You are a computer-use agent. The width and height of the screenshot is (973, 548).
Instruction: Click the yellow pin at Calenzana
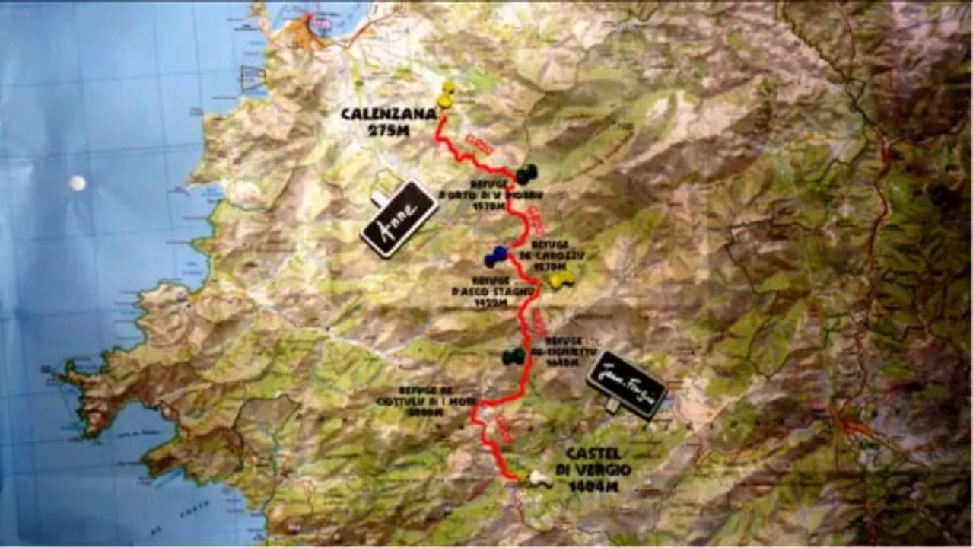pyautogui.click(x=446, y=94)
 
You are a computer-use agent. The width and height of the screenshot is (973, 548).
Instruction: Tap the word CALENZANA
pyautogui.click(x=388, y=114)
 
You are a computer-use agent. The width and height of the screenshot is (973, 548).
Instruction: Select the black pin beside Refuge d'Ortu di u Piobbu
pyautogui.click(x=526, y=174)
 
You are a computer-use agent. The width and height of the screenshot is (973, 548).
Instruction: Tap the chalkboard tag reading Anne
pyautogui.click(x=399, y=218)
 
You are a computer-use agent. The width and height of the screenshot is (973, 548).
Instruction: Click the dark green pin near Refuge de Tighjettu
pyautogui.click(x=514, y=355)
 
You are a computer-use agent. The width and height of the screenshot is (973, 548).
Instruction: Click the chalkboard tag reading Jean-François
pyautogui.click(x=627, y=384)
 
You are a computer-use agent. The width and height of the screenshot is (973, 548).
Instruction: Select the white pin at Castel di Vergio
pyautogui.click(x=540, y=478)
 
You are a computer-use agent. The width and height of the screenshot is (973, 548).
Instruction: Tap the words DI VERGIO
pyautogui.click(x=599, y=470)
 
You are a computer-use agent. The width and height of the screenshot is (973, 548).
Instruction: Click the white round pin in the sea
pyautogui.click(x=77, y=183)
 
